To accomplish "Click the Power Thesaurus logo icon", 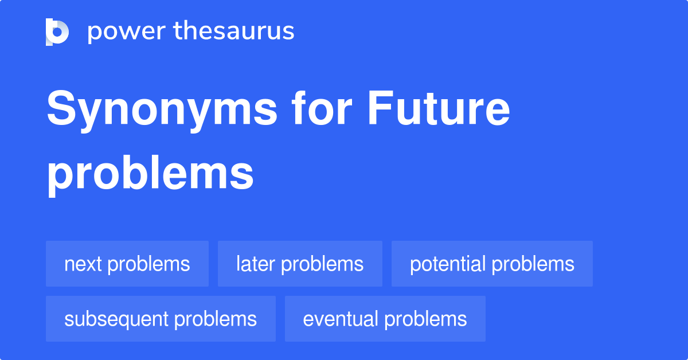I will tap(57, 32).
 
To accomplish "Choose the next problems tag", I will tap(127, 264).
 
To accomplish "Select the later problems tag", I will tap(300, 264).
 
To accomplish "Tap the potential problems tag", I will tap(492, 264).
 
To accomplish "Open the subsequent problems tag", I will tap(161, 319).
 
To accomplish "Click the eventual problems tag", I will tap(385, 319).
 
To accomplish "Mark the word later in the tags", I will tap(255, 264).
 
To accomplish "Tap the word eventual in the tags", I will tap(340, 319).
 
